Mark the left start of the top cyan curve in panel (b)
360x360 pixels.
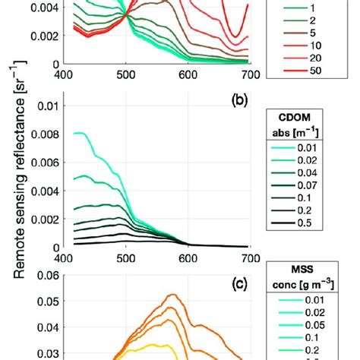point(74,133)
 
